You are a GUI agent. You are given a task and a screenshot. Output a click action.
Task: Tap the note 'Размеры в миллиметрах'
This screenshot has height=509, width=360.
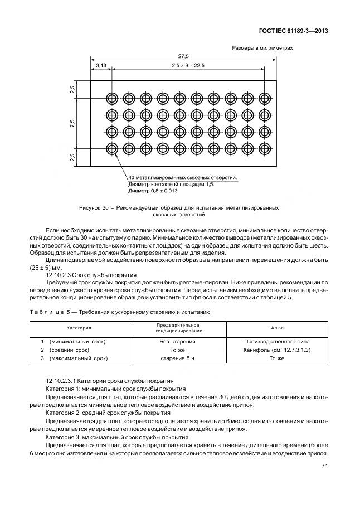click(x=262, y=48)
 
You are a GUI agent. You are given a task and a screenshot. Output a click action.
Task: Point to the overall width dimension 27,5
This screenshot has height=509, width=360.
click(x=183, y=56)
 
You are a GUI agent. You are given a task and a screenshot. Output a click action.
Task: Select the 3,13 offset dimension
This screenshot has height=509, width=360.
click(x=101, y=66)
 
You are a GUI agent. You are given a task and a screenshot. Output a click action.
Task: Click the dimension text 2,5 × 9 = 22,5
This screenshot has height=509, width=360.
click(x=188, y=66)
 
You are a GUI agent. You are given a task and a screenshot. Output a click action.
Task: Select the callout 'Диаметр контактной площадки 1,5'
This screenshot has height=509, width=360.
click(x=171, y=184)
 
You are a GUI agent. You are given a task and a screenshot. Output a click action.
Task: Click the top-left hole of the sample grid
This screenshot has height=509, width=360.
click(x=111, y=98)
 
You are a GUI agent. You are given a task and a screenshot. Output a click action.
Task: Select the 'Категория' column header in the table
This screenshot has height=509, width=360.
click(x=79, y=328)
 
